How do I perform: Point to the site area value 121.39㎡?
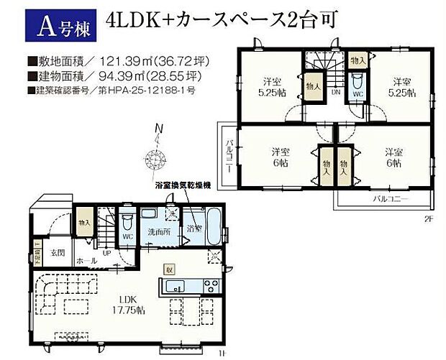(114, 62)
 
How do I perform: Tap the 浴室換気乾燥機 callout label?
(183, 185)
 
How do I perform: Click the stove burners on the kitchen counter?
(210, 286)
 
